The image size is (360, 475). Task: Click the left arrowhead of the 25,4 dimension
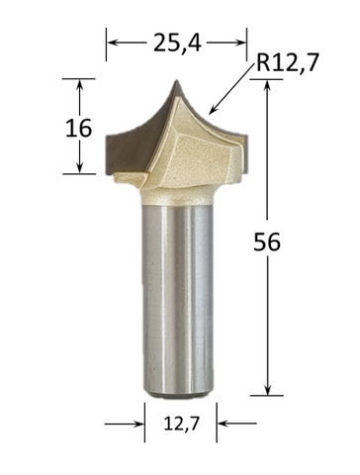(111, 43)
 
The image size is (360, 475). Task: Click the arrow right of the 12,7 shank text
(222, 426)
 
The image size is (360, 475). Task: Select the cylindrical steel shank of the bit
(178, 297)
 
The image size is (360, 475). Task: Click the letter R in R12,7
(262, 64)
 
